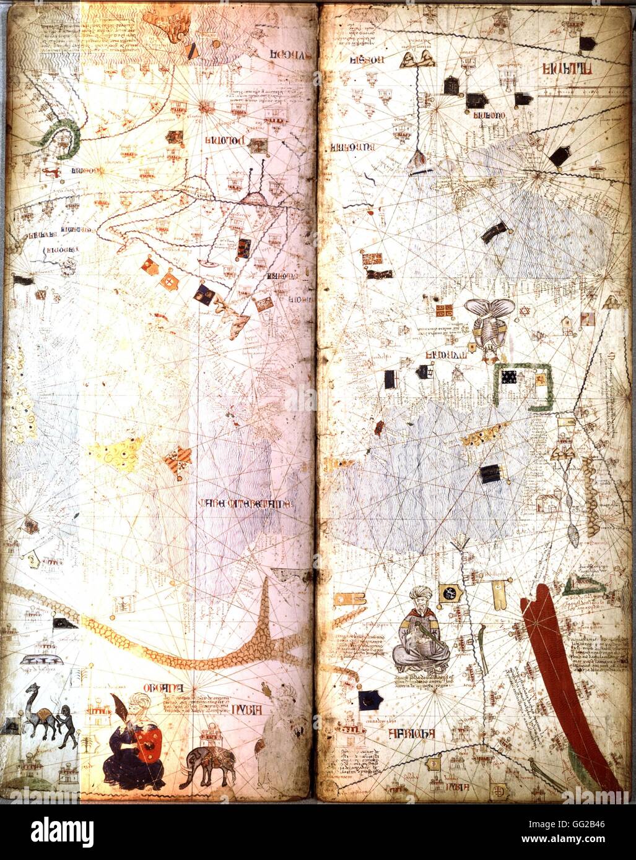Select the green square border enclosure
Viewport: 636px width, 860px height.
point(524,387)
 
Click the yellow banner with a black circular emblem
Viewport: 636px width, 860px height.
point(448,593)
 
